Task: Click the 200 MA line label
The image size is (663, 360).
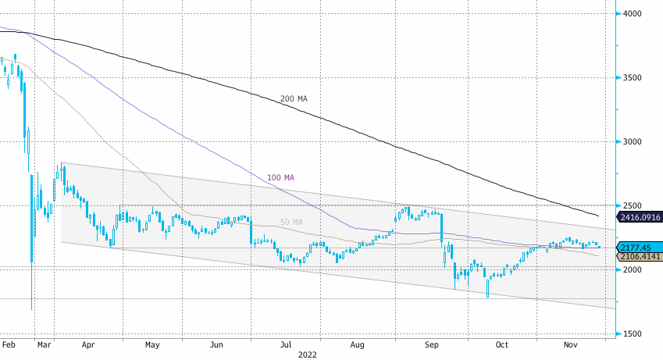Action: (x=294, y=99)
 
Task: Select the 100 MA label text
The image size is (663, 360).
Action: (x=280, y=178)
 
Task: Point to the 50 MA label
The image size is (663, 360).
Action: (x=291, y=223)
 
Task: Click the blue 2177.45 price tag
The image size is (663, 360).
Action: (x=636, y=247)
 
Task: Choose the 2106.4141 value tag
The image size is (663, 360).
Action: (x=640, y=256)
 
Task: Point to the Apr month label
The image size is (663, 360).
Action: (x=87, y=344)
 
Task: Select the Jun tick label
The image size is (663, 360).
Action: (x=217, y=344)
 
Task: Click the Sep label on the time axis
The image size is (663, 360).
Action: (x=430, y=344)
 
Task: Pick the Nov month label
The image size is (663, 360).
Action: (x=572, y=344)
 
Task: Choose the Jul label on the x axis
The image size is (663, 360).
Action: (x=287, y=344)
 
